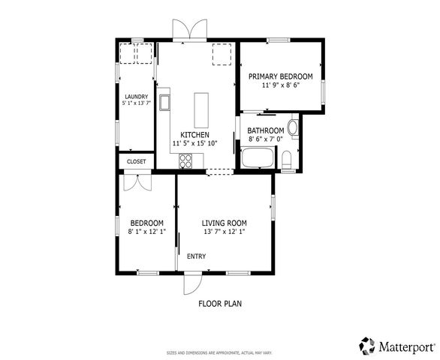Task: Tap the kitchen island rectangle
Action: click(200, 109)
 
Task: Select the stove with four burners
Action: click(185, 160)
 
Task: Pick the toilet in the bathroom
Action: click(287, 158)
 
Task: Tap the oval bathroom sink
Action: click(292, 128)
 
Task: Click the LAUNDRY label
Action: click(136, 97)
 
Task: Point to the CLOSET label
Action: click(136, 161)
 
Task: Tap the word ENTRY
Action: click(196, 256)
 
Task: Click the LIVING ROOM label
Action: click(224, 223)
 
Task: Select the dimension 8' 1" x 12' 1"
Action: click(147, 232)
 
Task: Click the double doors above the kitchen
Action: click(188, 30)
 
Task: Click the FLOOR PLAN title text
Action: click(220, 304)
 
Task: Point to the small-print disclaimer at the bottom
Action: click(219, 352)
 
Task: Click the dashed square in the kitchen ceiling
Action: click(222, 53)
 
